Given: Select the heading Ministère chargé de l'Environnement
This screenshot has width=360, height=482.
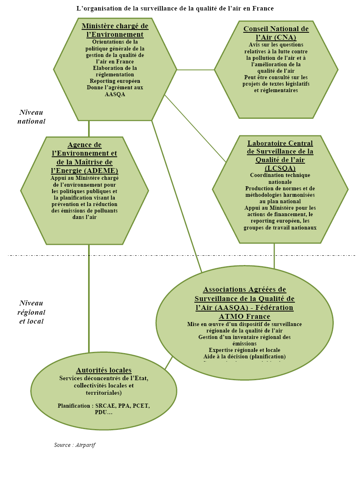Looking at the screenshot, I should point(115,30).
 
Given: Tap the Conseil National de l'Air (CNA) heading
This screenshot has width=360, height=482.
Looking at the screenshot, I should point(276,33).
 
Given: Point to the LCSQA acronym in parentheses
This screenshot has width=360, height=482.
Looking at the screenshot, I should point(280,168).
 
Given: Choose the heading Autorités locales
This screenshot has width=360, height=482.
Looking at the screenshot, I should point(104,370).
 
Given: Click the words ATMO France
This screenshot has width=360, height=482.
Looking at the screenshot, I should point(244,316).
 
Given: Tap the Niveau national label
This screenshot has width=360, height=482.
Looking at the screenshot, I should point(31,117).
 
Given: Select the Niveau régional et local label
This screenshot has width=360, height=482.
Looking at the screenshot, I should point(31,312).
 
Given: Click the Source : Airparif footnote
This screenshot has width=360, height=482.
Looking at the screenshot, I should point(75,445).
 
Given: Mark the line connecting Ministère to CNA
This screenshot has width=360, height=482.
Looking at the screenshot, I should point(196,69).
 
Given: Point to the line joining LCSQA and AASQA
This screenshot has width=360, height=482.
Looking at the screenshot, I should point(274,255).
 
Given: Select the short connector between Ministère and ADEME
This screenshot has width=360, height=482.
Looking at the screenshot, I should point(89,128).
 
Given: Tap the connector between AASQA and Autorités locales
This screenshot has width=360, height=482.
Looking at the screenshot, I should point(168,363).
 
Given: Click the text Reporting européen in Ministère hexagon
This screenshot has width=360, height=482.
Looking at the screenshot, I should point(115,81).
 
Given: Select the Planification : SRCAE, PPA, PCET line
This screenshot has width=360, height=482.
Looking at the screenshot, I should point(104,406).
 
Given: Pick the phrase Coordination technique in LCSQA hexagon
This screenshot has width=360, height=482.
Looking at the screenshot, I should point(280,175).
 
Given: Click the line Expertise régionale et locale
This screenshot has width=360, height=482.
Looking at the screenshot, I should point(244,350).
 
